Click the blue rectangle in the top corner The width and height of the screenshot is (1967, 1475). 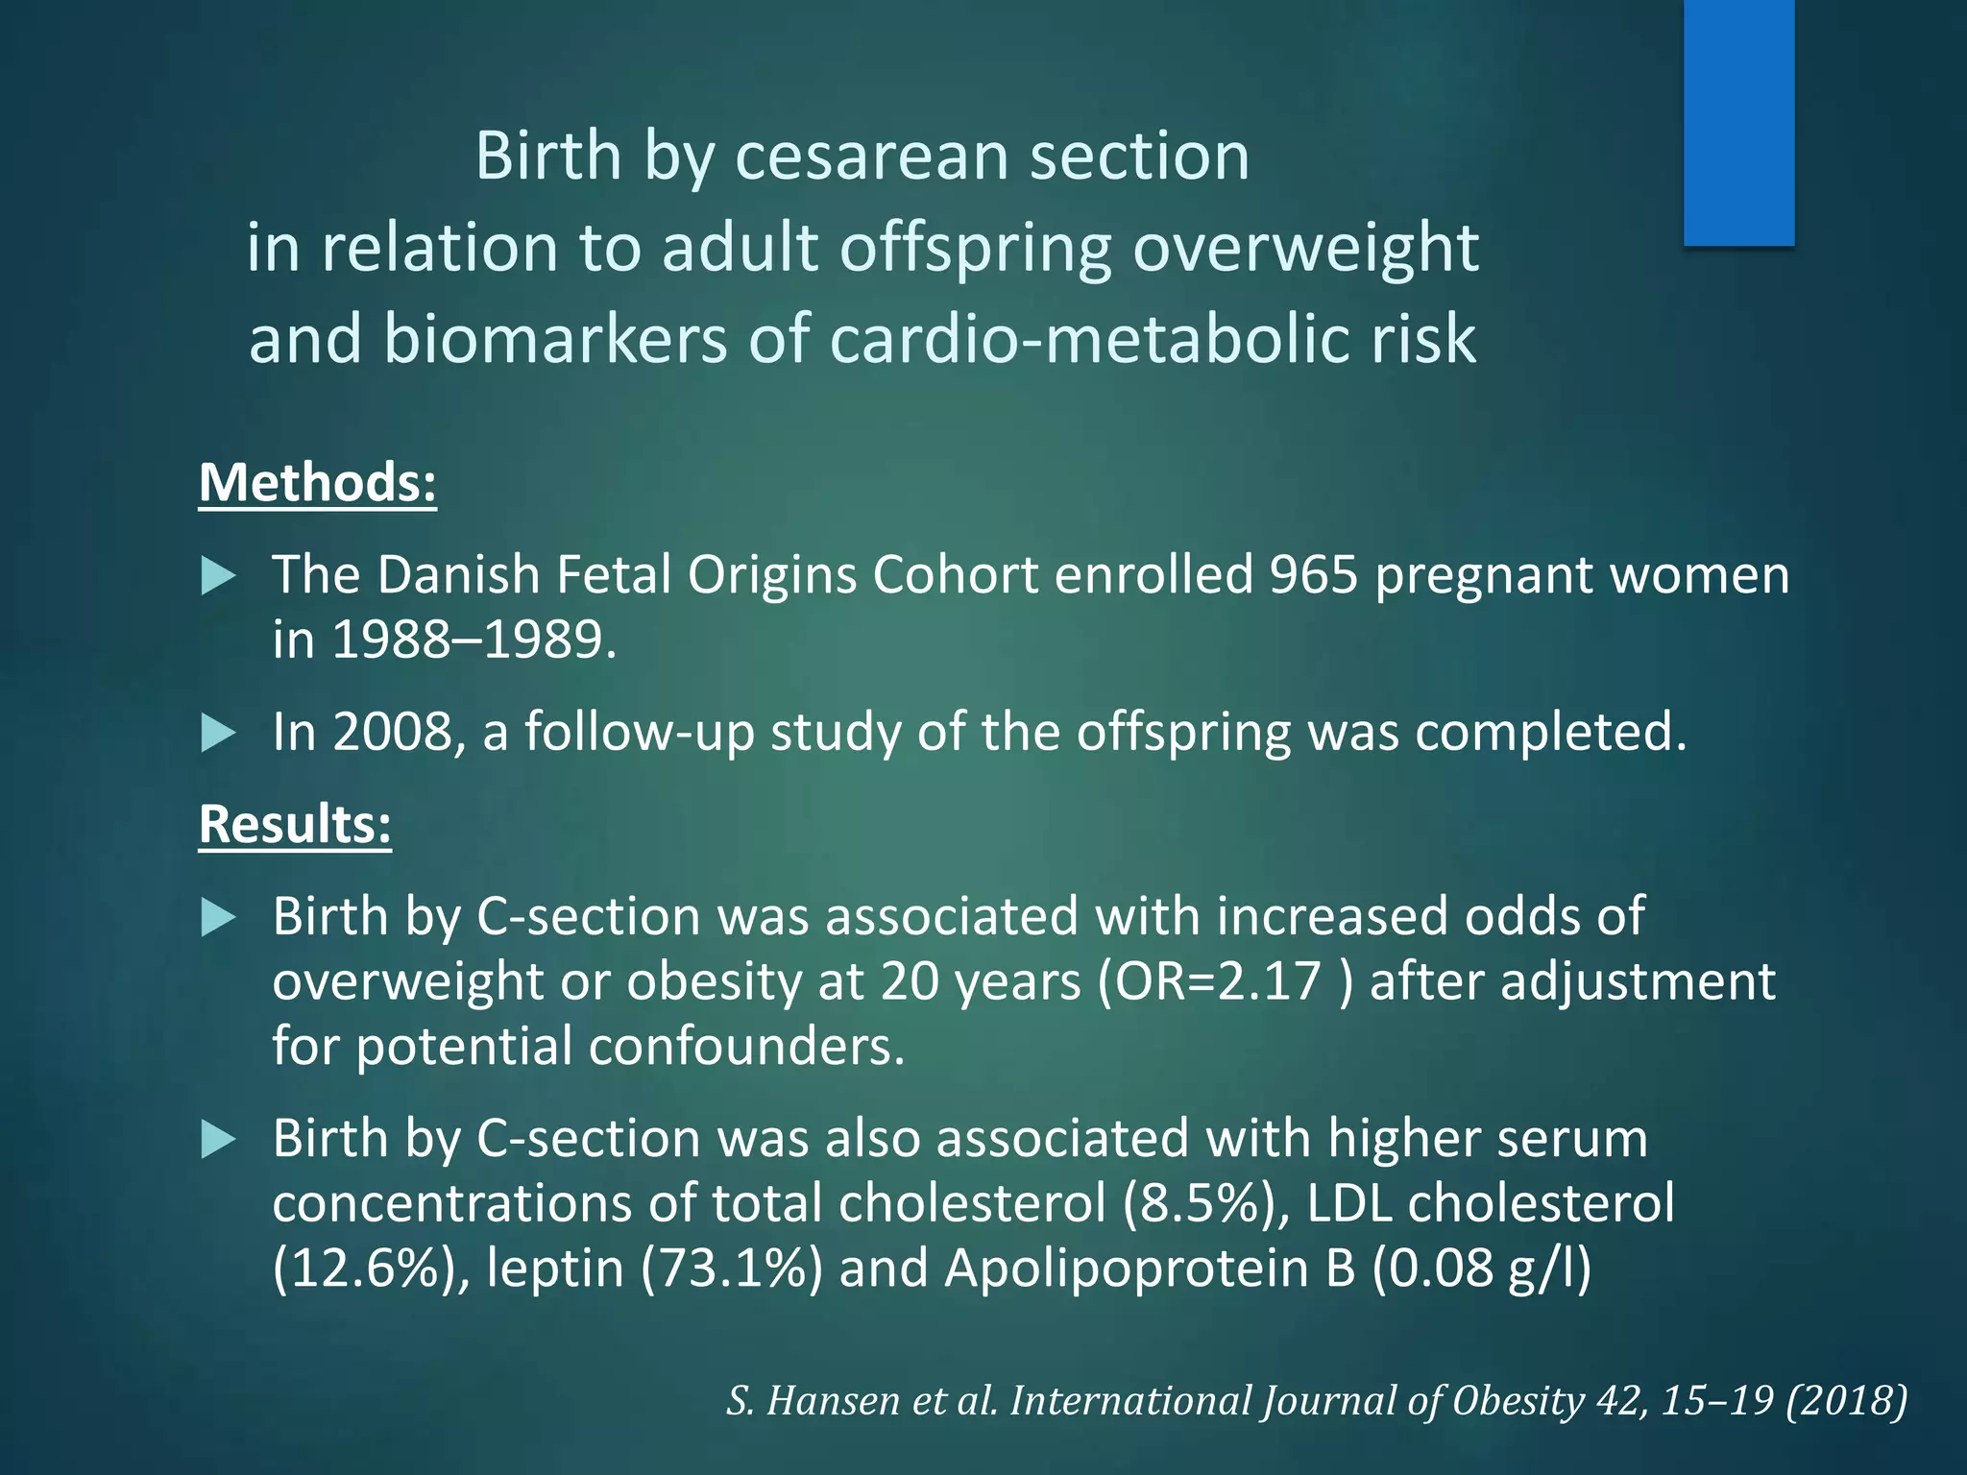point(1738,122)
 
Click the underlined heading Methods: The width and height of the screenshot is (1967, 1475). point(317,482)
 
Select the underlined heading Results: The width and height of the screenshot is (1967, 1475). point(295,824)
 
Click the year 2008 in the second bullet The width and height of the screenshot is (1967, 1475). point(391,732)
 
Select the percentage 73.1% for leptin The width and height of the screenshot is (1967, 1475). point(732,1268)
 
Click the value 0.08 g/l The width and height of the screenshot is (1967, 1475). point(1481,1268)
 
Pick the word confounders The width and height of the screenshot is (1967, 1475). point(745,1045)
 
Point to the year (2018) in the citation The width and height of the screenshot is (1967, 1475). point(1846,1400)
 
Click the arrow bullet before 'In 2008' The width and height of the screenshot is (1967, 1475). point(219,734)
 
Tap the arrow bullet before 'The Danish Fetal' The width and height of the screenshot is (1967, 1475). point(219,576)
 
